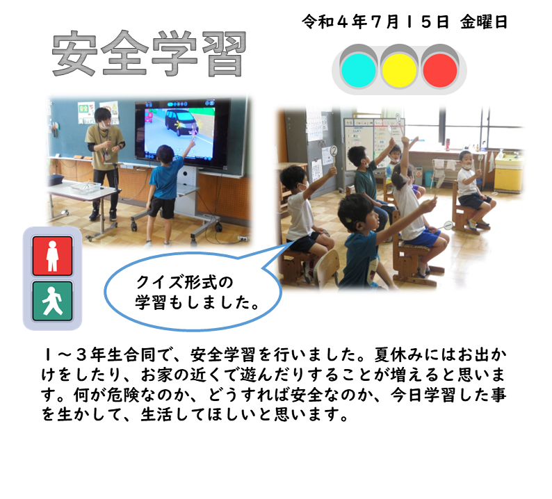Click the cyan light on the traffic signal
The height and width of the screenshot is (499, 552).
(x=358, y=70)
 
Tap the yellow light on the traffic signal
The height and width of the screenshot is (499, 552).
(x=399, y=70)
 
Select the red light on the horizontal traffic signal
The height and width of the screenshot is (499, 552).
(x=440, y=70)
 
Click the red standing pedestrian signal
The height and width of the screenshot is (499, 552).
(x=52, y=256)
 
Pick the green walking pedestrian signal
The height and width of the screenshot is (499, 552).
(x=52, y=301)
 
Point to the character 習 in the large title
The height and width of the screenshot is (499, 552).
(x=225, y=54)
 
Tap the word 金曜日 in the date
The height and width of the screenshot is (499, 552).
(x=484, y=22)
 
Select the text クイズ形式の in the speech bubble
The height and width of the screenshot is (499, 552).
(x=184, y=283)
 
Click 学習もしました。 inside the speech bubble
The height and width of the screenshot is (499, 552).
(x=197, y=302)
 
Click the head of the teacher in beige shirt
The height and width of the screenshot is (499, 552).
(x=103, y=117)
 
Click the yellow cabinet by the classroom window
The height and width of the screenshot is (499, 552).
(x=508, y=172)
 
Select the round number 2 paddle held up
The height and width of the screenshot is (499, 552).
(x=334, y=152)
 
